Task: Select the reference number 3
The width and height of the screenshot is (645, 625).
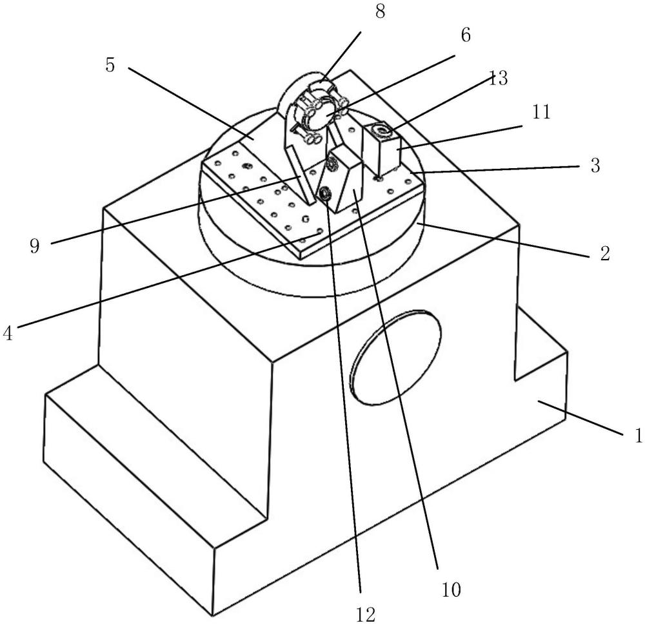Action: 595,166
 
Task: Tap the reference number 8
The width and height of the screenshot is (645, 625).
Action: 381,12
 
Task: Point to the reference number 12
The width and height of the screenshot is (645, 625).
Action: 365,614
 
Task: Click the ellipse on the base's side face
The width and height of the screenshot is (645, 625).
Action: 395,356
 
